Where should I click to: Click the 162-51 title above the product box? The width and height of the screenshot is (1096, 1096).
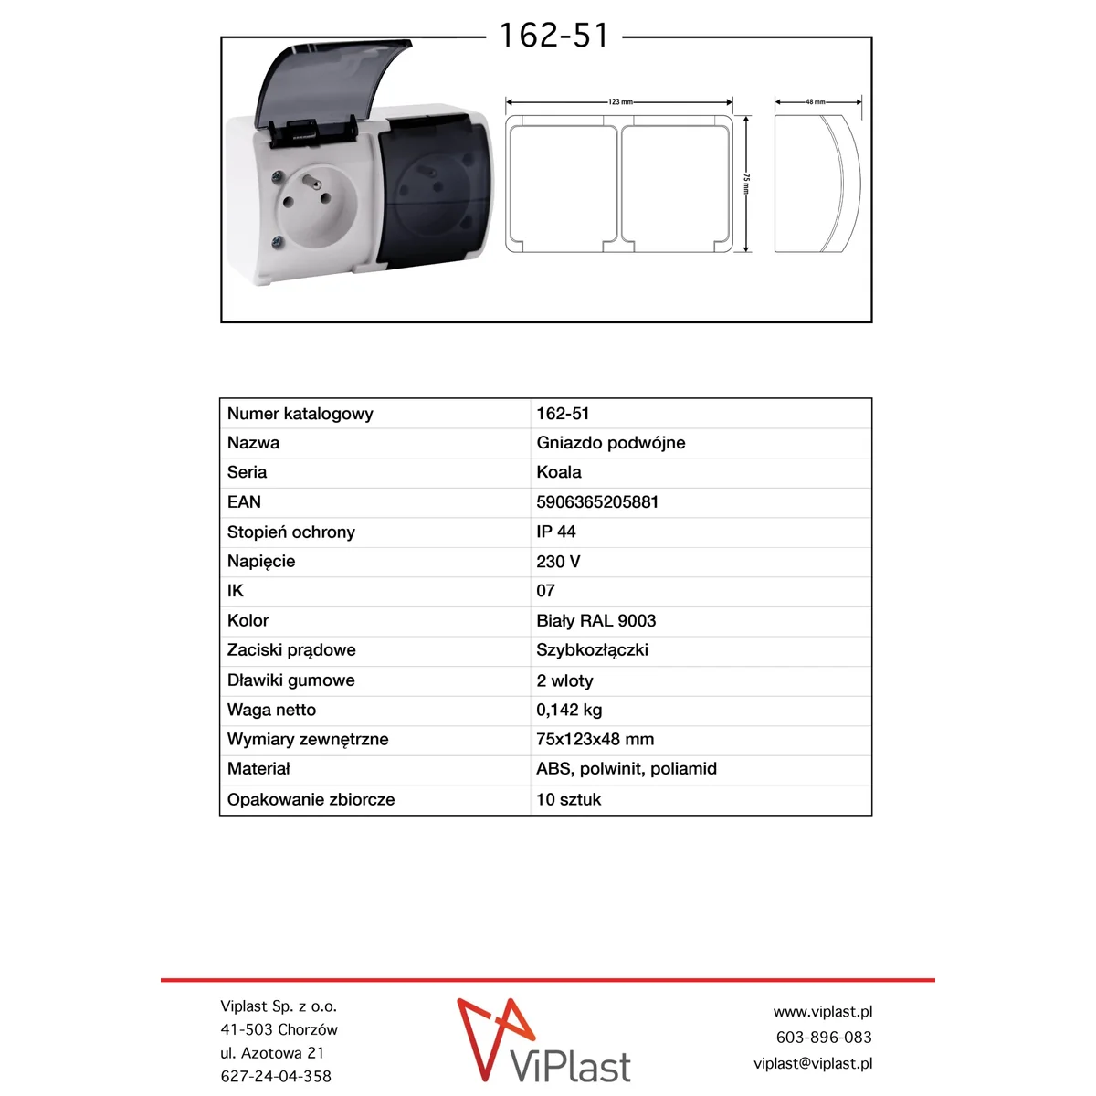[x=553, y=37]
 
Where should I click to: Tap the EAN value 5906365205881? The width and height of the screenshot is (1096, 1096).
[x=597, y=502]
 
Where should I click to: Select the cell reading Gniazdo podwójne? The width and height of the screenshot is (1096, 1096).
[x=610, y=443]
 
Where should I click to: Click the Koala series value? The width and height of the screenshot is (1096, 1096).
[x=559, y=472]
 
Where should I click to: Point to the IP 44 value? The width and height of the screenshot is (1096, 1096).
[x=556, y=532]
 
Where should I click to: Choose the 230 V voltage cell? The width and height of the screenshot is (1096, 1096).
[x=558, y=562]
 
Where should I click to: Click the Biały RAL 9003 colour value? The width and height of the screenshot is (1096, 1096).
[x=595, y=621]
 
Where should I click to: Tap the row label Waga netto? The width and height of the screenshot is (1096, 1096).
[x=271, y=710]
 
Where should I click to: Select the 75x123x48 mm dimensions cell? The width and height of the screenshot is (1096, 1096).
[x=595, y=740]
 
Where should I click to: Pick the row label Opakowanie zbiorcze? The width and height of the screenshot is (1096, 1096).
[x=311, y=799]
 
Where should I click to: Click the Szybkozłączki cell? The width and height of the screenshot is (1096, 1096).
[x=592, y=650]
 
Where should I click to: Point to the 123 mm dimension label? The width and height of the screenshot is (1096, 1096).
[x=620, y=102]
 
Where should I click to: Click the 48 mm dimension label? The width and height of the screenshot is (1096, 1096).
[x=816, y=102]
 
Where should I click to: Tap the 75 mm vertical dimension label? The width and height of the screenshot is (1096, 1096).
[x=746, y=184]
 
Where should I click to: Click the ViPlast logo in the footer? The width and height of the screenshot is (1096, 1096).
[x=544, y=1042]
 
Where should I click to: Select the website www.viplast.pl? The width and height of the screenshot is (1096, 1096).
[x=822, y=1012]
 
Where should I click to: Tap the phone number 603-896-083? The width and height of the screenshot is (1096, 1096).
[x=823, y=1038]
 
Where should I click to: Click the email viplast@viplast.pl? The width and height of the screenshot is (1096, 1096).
[x=812, y=1063]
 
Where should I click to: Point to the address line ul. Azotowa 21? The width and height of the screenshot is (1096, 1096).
[x=272, y=1053]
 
